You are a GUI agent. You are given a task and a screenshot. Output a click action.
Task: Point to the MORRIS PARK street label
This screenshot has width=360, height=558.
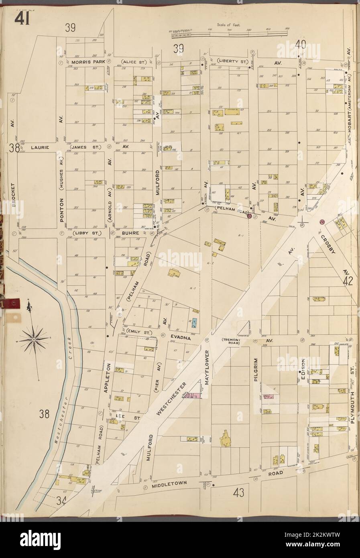pos(85,63)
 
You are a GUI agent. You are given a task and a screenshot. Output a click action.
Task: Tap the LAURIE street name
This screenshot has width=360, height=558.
pos(39,147)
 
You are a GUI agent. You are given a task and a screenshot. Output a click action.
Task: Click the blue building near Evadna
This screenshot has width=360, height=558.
pos(195,323)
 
